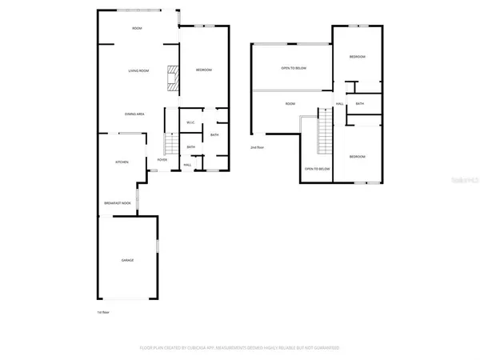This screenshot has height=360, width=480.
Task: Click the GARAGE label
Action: coord(127,261)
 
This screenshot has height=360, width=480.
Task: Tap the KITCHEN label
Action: coord(122,162)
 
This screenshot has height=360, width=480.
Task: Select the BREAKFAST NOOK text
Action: coord(117,203)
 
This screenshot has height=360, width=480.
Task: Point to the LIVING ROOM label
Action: coord(138,71)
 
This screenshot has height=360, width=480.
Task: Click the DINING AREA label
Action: coord(134,114)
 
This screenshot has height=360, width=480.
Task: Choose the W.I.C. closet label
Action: coord(190,122)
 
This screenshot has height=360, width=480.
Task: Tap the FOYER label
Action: coord(162,160)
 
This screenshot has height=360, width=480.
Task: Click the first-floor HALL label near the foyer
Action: coord(187,165)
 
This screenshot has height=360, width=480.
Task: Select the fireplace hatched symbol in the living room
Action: coord(170,78)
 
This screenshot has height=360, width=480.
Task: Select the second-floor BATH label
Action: coord(360,104)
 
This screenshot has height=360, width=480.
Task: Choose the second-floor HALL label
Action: coord(339,104)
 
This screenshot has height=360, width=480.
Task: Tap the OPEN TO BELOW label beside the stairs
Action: coord(317,169)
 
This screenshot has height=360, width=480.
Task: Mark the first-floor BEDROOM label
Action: coord(203,70)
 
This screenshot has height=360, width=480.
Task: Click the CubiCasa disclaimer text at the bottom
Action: coord(239,348)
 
